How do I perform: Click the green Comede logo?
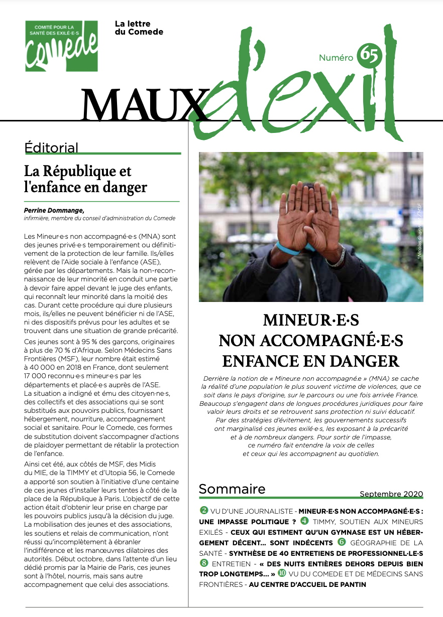61,46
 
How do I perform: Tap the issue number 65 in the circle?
369,56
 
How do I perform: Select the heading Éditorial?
51,147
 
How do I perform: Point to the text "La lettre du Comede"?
139,28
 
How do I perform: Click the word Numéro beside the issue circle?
336,58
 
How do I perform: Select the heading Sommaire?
232,489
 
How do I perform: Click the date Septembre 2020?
391,494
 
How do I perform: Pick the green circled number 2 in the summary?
204,510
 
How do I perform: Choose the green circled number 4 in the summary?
304,521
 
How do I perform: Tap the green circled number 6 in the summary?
342,542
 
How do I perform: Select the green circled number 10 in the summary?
282,573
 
